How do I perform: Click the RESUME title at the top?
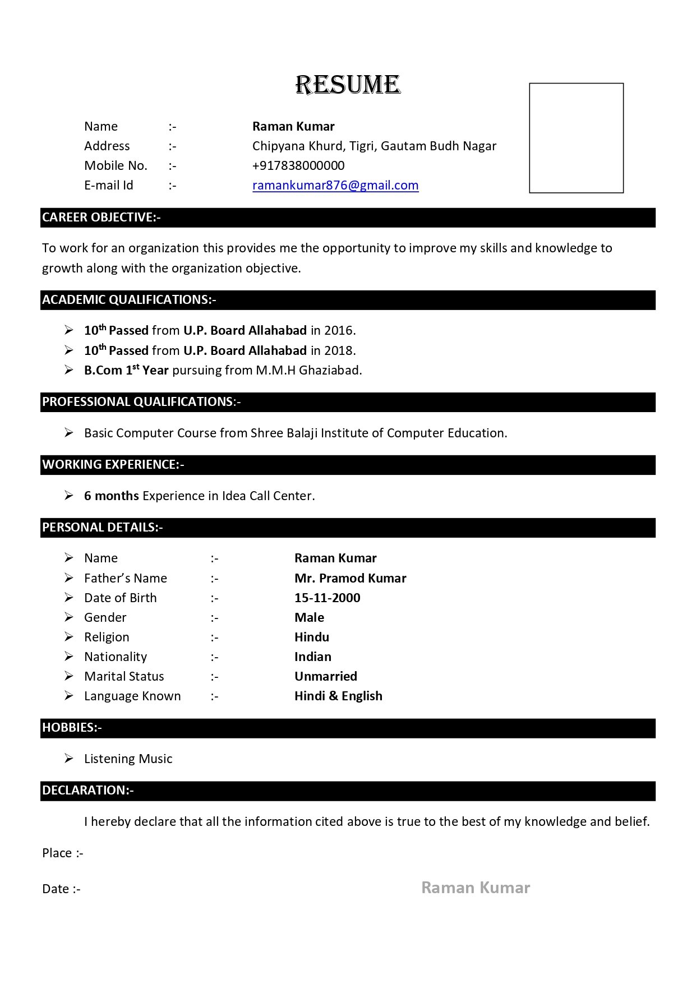coord(348,85)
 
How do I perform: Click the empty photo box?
coord(576,138)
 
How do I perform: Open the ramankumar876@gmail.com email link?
coord(335,185)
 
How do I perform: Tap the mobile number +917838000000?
coord(298,165)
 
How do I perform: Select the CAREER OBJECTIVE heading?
coord(101,218)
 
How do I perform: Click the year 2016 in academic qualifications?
coord(339,330)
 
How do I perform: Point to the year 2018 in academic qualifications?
coord(339,350)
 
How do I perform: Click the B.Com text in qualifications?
coord(103,370)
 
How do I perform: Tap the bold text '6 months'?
coord(112,496)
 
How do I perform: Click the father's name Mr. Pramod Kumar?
coord(350,578)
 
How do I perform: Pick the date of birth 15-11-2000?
coord(327,598)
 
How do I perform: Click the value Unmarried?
coord(325,676)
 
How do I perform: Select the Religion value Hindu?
coord(311,637)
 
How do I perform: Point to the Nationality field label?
coord(116,657)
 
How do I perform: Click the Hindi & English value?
coord(338,696)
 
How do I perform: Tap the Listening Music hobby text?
coord(128,759)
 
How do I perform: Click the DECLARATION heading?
coord(87,791)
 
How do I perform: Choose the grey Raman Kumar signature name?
coord(476,888)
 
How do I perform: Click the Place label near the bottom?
coord(57,853)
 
